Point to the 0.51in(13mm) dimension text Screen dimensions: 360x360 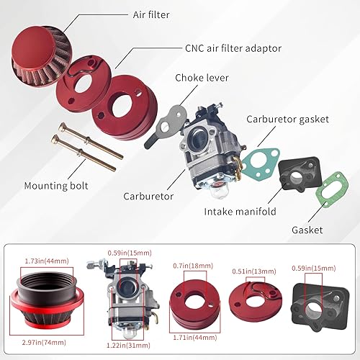click(x=253, y=272)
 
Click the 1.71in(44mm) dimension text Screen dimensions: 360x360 click(x=193, y=337)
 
